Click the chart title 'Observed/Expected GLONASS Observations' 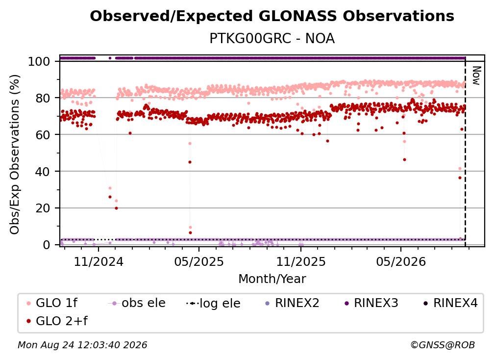point(272,16)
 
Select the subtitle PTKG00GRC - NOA point(272,38)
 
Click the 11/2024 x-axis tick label point(99,261)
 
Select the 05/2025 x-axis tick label point(199,261)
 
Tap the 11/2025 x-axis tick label point(301,261)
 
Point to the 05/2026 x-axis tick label point(401,261)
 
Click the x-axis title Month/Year point(272,279)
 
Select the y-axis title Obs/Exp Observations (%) point(15,154)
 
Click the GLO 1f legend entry point(52,303)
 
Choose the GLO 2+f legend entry point(57,321)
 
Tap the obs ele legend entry point(137,303)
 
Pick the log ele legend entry point(213,303)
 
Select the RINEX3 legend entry point(371,303)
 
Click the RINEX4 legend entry point(450,303)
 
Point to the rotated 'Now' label point(476,76)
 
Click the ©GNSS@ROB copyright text point(443,345)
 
